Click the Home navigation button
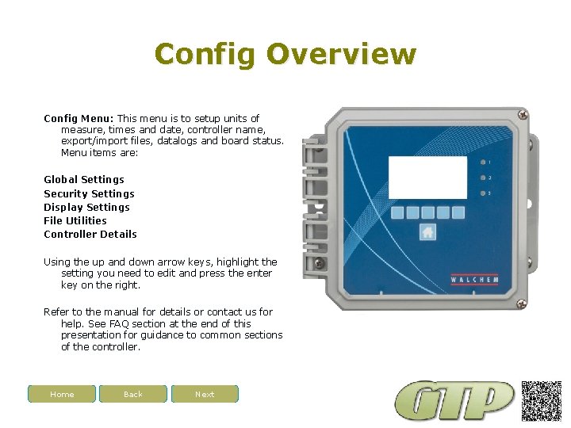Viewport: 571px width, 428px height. pyautogui.click(x=62, y=394)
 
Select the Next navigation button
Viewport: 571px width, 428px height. pyautogui.click(x=205, y=394)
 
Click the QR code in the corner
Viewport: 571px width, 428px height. pyautogui.click(x=542, y=401)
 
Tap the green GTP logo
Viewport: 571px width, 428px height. pyautogui.click(x=455, y=401)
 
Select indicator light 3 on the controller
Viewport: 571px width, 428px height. pyautogui.click(x=483, y=193)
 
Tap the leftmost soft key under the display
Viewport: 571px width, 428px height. pyautogui.click(x=398, y=212)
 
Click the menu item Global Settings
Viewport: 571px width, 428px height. pyautogui.click(x=84, y=180)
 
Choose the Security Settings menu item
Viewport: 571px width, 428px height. pyautogui.click(x=89, y=193)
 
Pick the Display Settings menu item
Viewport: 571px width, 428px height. pyautogui.click(x=86, y=207)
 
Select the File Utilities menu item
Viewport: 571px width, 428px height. pyautogui.click(x=75, y=220)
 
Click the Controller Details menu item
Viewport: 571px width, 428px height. pyautogui.click(x=90, y=234)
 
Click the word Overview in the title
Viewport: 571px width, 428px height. pyautogui.click(x=341, y=54)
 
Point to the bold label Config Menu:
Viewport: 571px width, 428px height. pyautogui.click(x=79, y=118)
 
